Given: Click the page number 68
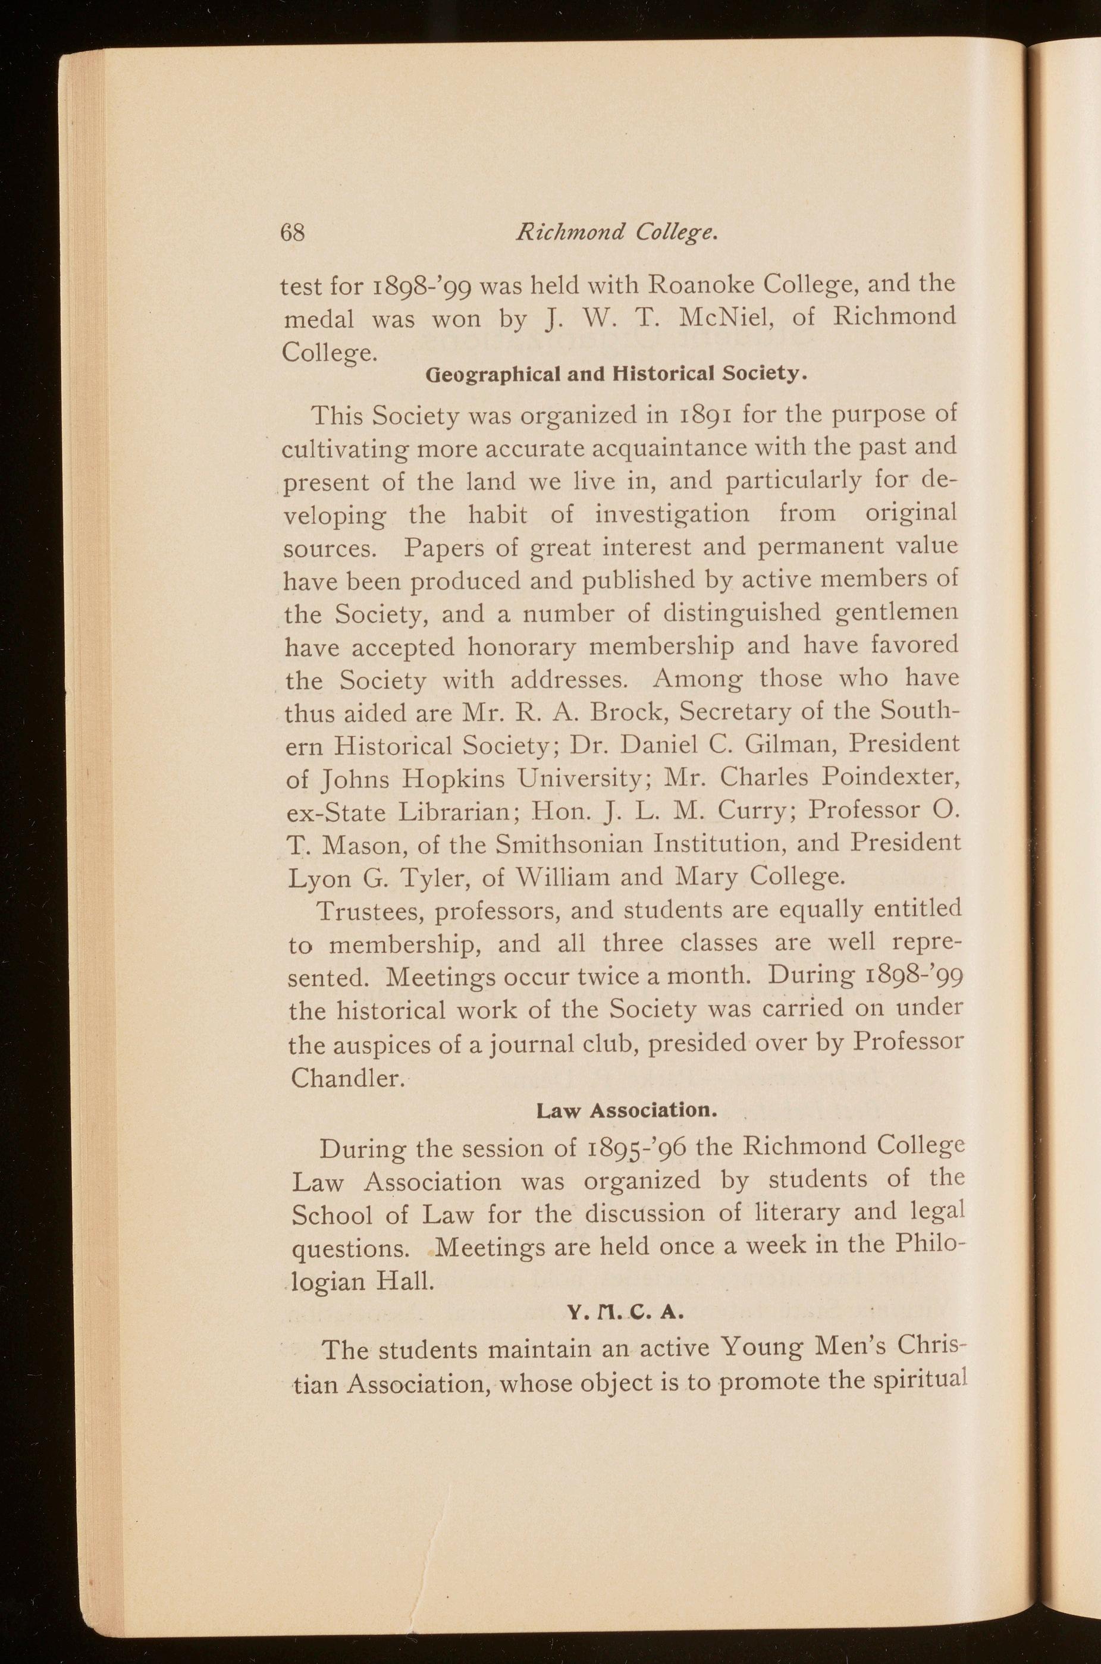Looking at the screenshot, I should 291,232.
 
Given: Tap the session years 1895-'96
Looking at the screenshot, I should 631,1150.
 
